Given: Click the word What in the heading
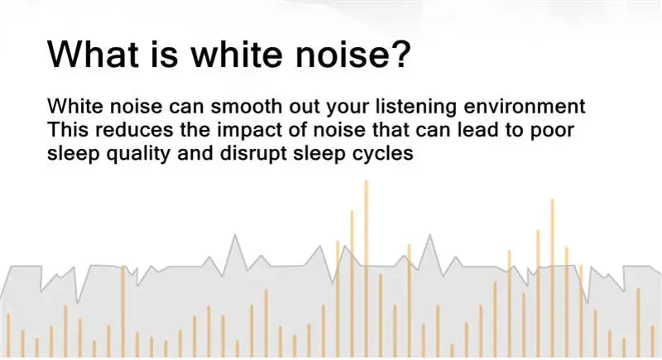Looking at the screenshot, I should [x=103, y=53].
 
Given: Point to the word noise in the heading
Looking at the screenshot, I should [x=365, y=53].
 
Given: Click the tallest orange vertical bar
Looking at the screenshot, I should [x=366, y=265].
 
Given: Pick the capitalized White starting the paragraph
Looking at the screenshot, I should [x=73, y=108].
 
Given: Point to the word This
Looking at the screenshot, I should [x=66, y=131].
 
